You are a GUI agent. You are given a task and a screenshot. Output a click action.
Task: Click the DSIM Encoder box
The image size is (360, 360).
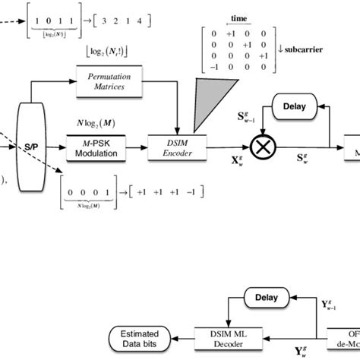(178, 147)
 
